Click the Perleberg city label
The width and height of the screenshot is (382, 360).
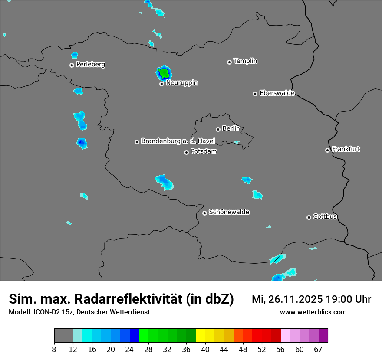click(x=90, y=65)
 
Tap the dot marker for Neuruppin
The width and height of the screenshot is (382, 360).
click(x=161, y=84)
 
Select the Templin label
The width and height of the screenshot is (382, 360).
click(x=245, y=61)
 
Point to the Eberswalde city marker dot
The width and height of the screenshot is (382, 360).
click(x=255, y=94)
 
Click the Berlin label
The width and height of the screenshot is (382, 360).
click(x=231, y=129)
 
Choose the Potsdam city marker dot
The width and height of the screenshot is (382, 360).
click(x=186, y=152)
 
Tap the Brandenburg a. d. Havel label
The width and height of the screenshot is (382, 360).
click(x=178, y=141)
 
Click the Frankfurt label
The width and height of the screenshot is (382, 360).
click(x=346, y=149)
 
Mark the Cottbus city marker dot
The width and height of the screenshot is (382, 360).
click(x=309, y=217)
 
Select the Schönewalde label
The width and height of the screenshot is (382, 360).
click(x=229, y=212)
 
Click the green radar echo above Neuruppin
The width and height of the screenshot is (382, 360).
click(x=163, y=72)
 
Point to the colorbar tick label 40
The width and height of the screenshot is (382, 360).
click(x=205, y=349)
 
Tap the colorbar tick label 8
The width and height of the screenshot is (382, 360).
click(x=54, y=349)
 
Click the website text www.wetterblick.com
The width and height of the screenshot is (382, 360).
click(x=313, y=312)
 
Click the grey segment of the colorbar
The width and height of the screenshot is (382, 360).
click(x=63, y=336)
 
